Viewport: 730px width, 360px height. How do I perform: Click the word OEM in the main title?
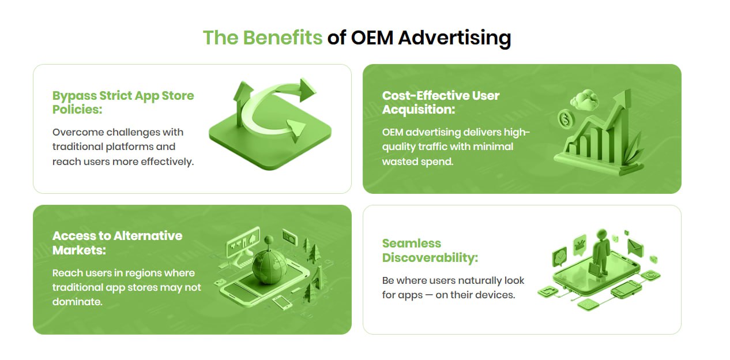372,37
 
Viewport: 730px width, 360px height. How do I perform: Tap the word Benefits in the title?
283,37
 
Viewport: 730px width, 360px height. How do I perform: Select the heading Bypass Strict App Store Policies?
123,102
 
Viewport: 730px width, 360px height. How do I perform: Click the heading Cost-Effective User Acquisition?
441,102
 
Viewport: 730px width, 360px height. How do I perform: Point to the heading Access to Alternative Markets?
117,243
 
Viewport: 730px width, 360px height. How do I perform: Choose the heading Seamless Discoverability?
430,250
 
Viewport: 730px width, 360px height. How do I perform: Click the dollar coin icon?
566,119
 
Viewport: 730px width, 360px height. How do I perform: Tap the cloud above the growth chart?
585,99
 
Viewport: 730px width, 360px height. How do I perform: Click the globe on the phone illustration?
270,267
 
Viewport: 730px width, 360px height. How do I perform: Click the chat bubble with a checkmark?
559,257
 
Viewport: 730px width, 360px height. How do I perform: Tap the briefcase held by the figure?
594,268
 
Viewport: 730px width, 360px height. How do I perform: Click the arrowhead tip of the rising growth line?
630,90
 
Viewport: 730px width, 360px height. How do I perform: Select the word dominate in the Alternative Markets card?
77,302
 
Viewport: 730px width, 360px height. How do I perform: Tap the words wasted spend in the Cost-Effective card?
417,162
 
